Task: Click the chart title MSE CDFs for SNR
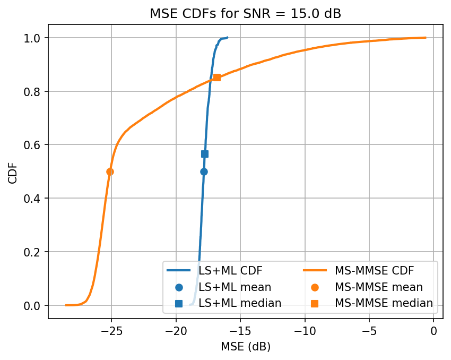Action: [245, 14]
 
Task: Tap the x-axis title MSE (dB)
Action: [245, 347]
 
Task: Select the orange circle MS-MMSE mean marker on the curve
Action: [110, 172]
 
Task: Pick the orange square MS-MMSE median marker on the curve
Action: [217, 78]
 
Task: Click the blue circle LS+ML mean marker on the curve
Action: [204, 172]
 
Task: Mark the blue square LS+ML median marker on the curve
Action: [205, 154]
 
